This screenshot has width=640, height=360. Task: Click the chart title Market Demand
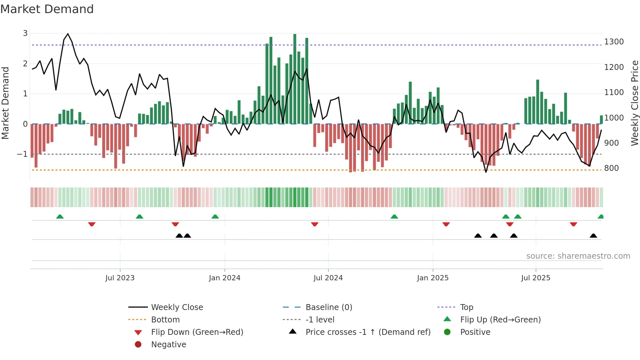47,9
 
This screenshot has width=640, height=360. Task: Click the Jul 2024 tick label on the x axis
328,278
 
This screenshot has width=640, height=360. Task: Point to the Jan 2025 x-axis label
433,278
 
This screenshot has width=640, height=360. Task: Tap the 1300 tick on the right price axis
614,42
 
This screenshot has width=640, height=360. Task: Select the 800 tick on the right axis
611,168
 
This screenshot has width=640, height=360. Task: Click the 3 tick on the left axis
25,33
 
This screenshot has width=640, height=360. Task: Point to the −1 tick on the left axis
22,154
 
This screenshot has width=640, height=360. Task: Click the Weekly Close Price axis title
634,103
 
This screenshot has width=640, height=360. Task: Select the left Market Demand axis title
5,103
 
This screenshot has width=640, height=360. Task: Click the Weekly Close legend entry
177,307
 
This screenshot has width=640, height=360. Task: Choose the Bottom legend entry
165,320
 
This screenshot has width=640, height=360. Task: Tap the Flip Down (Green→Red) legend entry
197,332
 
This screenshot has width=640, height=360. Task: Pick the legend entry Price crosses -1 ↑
368,332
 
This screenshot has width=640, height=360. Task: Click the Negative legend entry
168,345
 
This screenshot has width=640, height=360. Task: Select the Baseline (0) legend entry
328,307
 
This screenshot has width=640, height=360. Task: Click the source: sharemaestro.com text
578,256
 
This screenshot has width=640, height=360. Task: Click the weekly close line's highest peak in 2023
68,34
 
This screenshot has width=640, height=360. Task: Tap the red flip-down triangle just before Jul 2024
314,224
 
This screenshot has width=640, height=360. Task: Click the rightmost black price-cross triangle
593,236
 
